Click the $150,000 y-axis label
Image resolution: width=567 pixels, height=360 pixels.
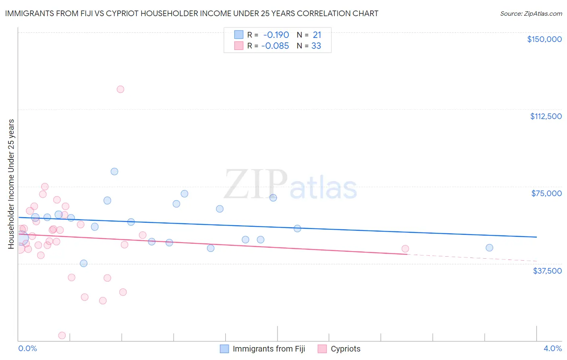(x=544, y=39)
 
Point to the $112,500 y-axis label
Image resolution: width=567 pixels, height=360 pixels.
(x=546, y=116)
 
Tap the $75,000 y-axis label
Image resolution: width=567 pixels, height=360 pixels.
(x=546, y=193)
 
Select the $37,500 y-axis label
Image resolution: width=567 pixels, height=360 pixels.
(x=547, y=271)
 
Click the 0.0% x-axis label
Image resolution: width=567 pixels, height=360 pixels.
(x=27, y=348)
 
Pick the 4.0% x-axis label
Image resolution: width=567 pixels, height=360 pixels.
(x=552, y=348)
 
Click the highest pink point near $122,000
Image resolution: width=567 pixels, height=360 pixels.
(x=120, y=89)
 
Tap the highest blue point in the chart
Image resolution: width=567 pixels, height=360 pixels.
(x=115, y=172)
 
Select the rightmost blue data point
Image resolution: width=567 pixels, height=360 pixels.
(x=489, y=248)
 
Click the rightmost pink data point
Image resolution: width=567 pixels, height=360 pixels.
(x=405, y=249)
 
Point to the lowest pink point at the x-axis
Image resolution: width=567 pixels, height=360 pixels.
(x=62, y=335)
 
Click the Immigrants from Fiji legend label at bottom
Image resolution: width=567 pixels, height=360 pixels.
(x=269, y=349)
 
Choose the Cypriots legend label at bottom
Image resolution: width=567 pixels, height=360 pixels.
(x=345, y=349)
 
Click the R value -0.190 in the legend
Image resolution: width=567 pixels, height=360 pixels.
(x=276, y=35)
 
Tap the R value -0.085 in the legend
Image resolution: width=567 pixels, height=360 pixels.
(x=275, y=46)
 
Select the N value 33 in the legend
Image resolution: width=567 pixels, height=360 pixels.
(x=316, y=46)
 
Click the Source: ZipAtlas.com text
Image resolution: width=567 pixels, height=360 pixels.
(x=531, y=14)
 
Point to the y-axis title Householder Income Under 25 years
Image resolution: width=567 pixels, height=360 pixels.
(x=11, y=184)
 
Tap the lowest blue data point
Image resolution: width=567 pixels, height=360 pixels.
(x=83, y=264)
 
